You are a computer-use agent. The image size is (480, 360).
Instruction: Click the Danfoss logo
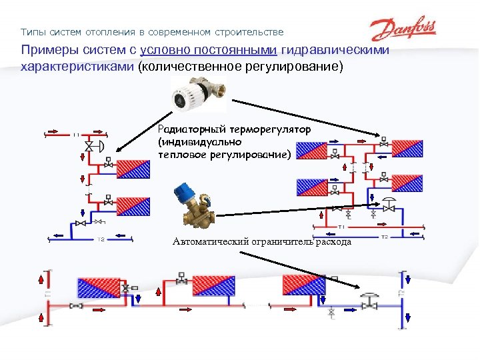click(x=403, y=30)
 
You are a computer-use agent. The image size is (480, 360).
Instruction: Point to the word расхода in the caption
click(x=334, y=241)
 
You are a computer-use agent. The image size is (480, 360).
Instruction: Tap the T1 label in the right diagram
click(x=340, y=227)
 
